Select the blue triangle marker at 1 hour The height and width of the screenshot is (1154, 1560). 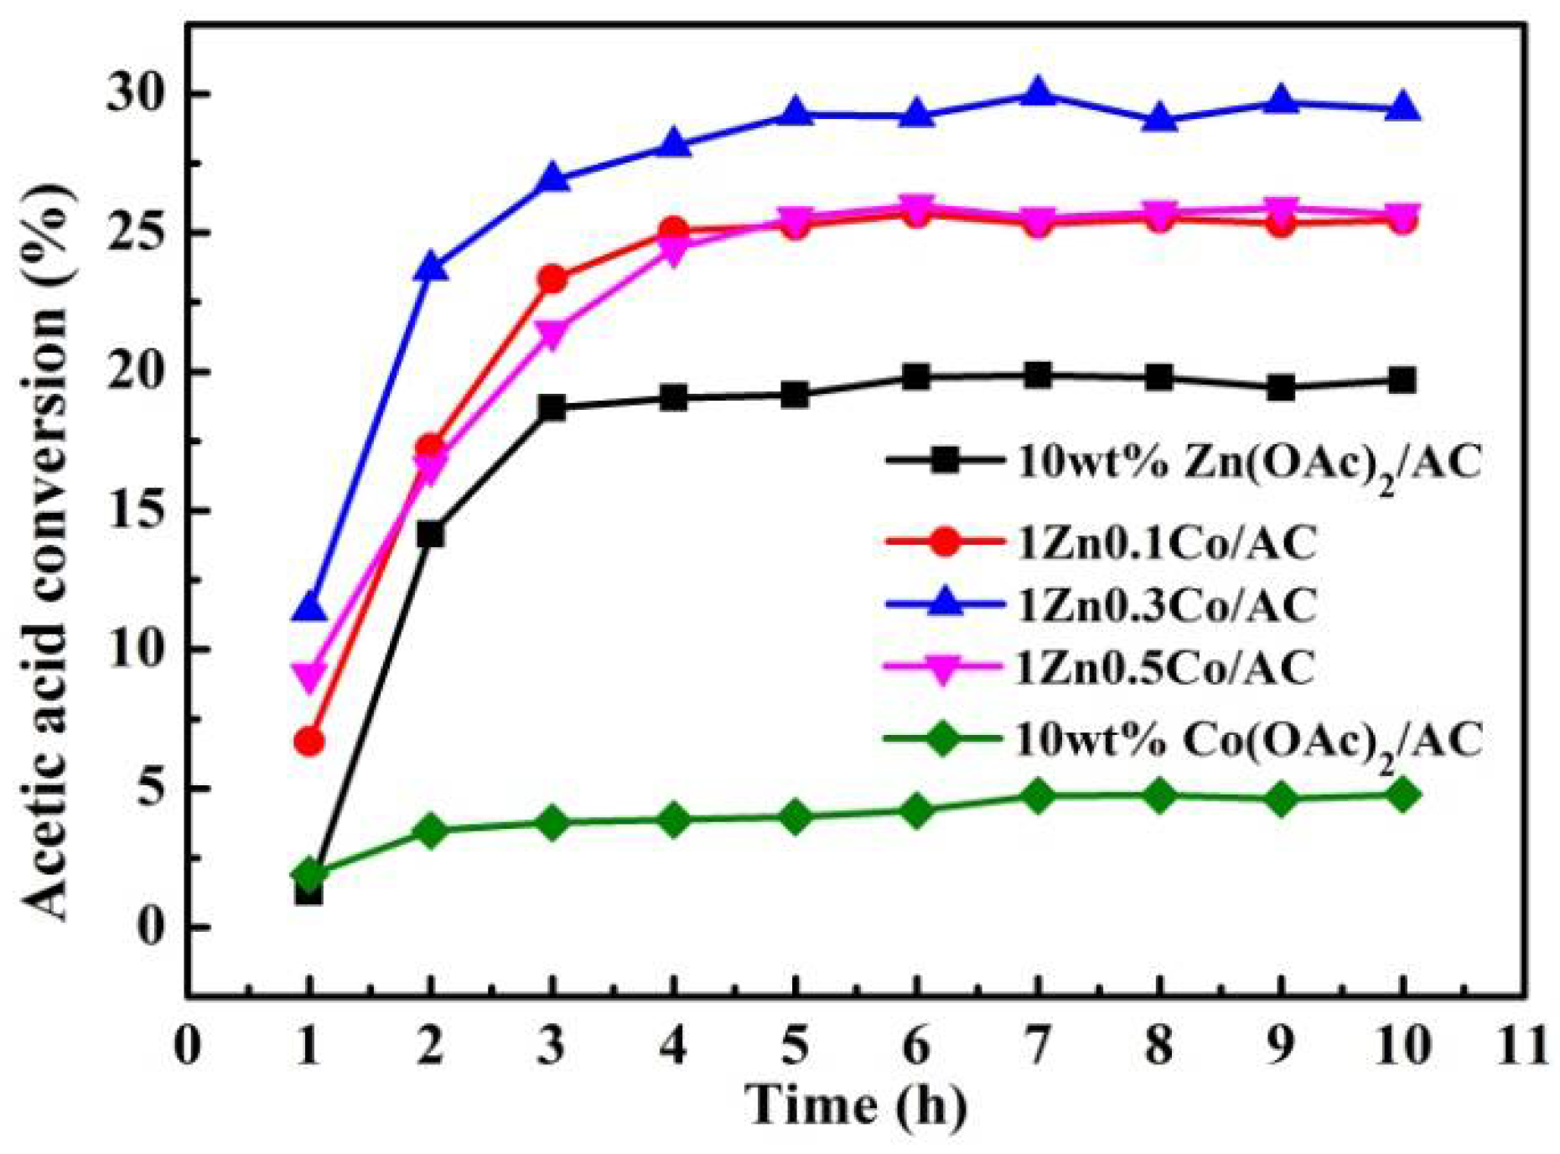[x=309, y=606]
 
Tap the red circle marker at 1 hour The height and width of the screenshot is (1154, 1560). [x=309, y=742]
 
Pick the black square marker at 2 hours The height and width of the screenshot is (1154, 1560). [x=431, y=534]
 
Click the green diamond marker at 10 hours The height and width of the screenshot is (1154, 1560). [x=1402, y=794]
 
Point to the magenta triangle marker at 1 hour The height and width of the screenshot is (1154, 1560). [x=309, y=676]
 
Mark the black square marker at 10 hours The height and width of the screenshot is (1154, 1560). [x=1402, y=380]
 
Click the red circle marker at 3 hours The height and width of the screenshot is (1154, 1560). [x=552, y=279]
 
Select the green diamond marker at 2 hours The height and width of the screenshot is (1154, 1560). [x=431, y=831]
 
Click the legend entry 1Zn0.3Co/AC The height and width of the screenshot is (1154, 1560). [x=1166, y=605]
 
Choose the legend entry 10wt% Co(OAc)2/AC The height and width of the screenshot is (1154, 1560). [x=1248, y=741]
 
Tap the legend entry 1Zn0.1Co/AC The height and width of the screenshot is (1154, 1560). [x=1166, y=543]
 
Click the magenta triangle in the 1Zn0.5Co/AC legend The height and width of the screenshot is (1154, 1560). [x=943, y=669]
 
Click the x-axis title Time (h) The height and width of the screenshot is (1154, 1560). [x=856, y=1105]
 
